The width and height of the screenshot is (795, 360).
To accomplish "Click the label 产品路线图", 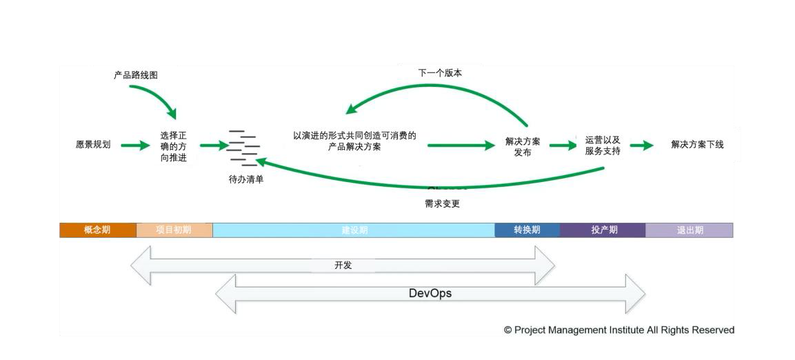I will pos(136,75).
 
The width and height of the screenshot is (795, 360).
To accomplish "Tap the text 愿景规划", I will pos(93,145).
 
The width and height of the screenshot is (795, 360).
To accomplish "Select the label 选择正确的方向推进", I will pos(173,146).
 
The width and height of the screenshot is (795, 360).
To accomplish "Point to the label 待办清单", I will pos(246,179).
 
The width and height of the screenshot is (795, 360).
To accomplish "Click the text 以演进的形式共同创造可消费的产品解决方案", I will pos(354,141).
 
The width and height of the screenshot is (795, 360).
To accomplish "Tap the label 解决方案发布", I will pos(523,147).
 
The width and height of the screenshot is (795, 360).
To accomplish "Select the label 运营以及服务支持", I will pos(603,146).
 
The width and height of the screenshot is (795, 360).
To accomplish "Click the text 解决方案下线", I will pos(697,145).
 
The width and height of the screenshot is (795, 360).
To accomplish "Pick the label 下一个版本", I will pos(440,72).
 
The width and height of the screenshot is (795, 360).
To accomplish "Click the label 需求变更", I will pos(442,204).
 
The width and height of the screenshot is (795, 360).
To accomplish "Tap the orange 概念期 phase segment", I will pos(97,230).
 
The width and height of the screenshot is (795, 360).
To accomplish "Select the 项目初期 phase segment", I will pos(174,230).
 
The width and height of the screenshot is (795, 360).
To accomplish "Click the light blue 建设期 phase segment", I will pos(354,230).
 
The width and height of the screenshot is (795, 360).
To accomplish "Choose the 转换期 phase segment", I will pos(527,230).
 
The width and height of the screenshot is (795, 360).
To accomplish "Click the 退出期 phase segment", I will pos(690,230).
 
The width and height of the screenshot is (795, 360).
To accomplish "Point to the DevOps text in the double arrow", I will pos(430,294).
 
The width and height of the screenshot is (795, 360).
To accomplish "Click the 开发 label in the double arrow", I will pos(343,265).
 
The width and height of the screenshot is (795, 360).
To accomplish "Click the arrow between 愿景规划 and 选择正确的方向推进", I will pos(135,146).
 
